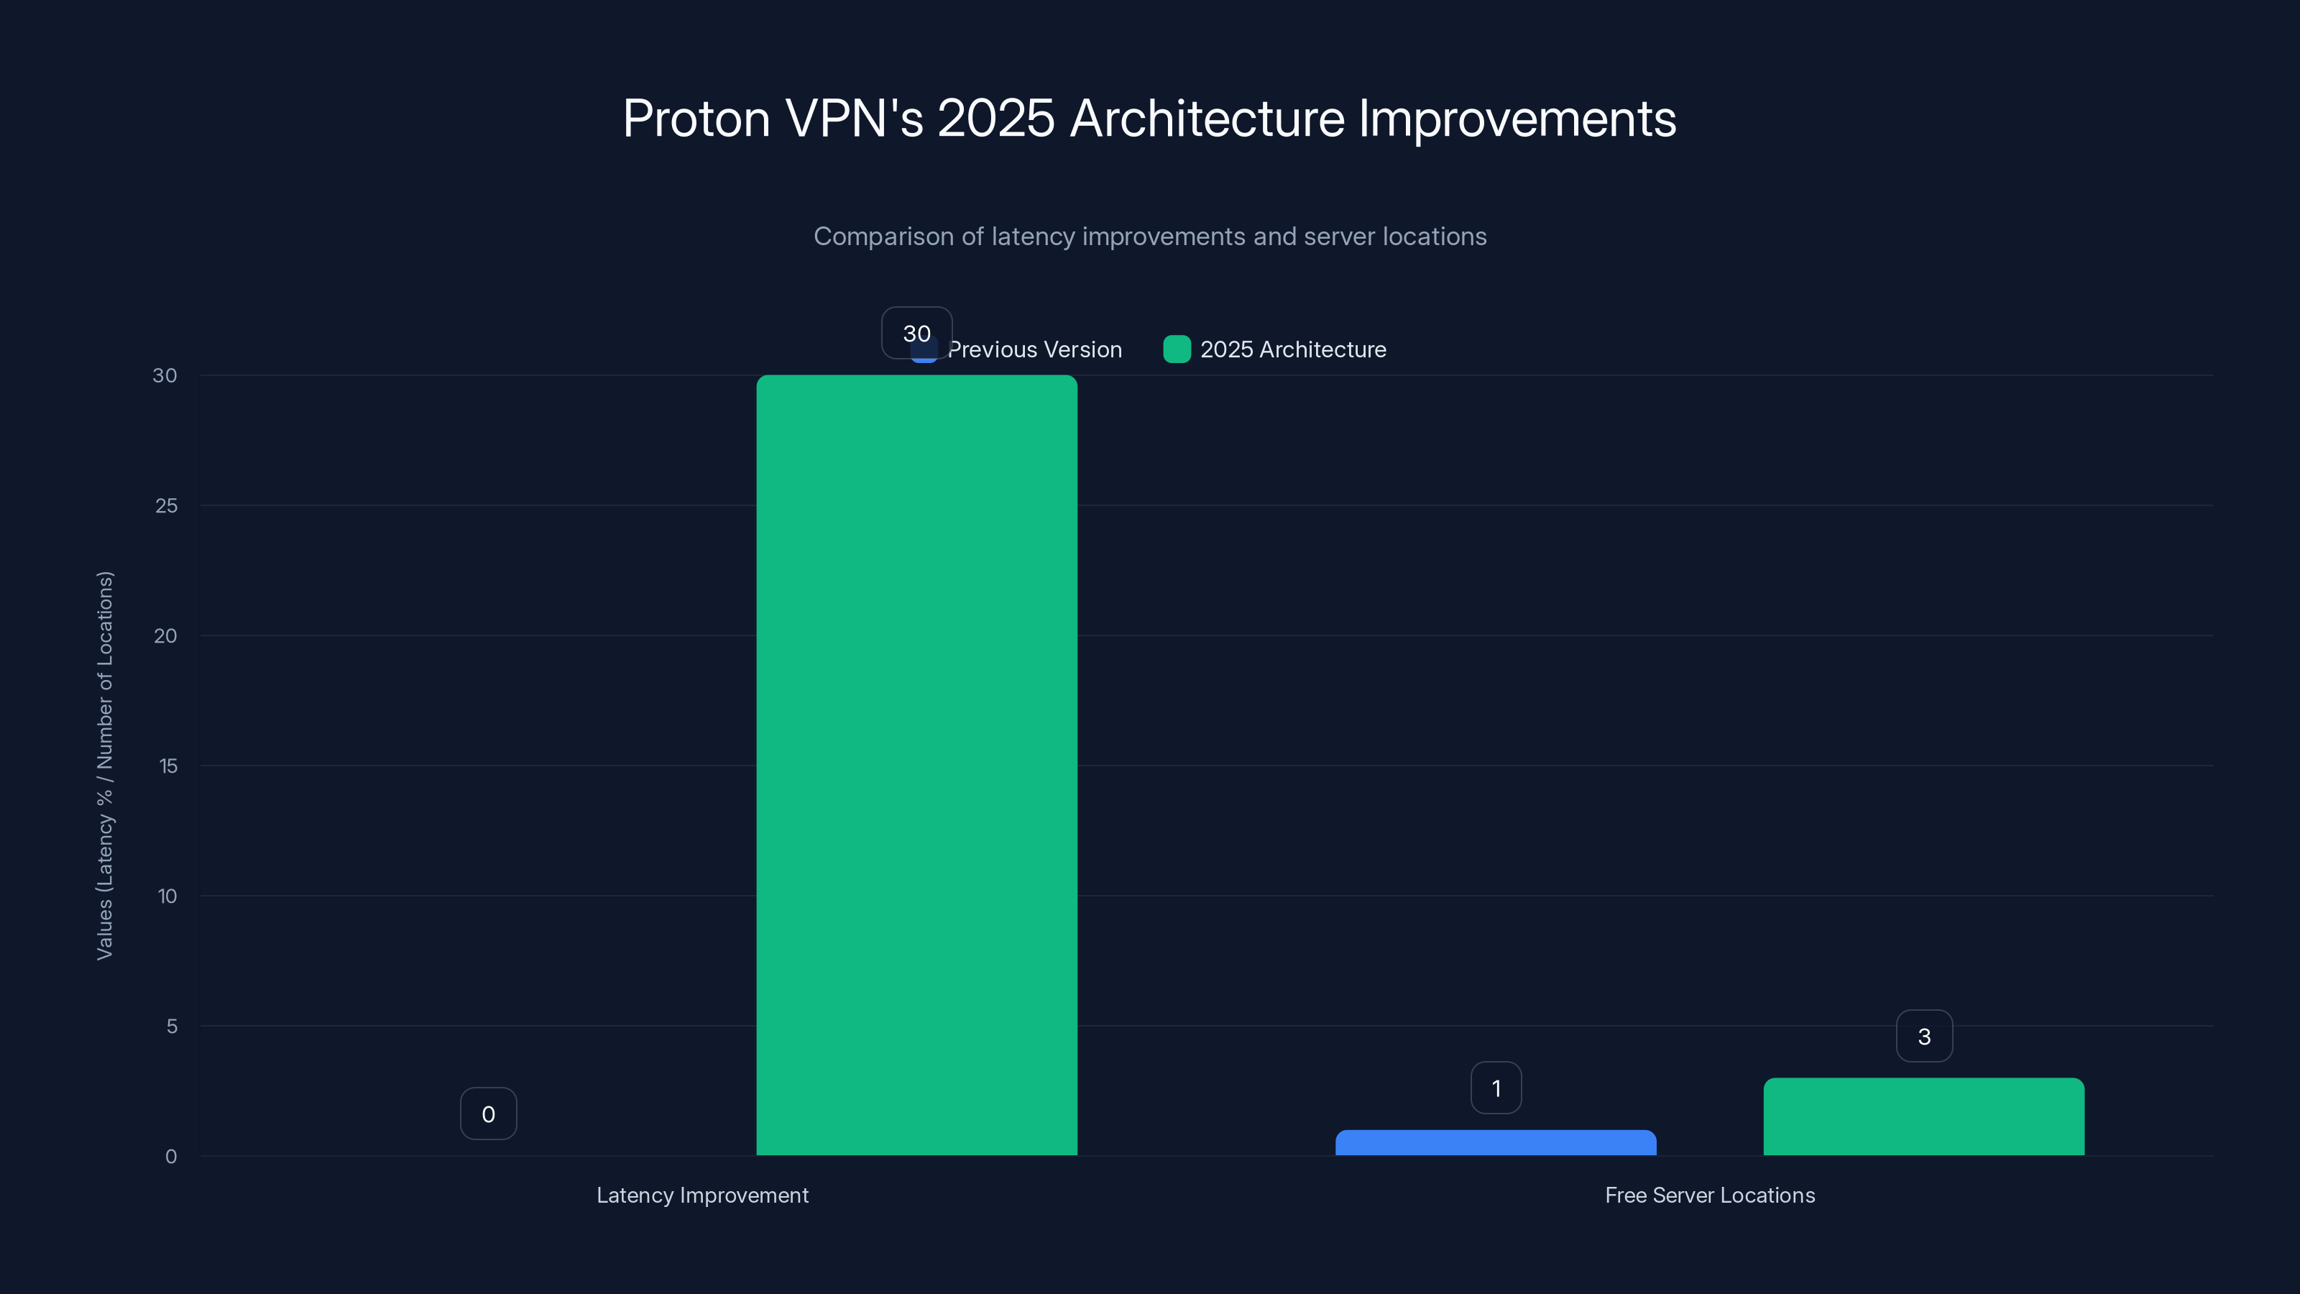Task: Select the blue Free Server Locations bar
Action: [x=1496, y=1143]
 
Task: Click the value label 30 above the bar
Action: [x=917, y=333]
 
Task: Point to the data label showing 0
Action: [x=489, y=1114]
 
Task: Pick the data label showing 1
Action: [x=1496, y=1088]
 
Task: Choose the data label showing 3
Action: [x=1924, y=1036]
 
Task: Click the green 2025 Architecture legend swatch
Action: [x=1177, y=349]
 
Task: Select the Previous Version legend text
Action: [x=1035, y=349]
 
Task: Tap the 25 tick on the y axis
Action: [x=166, y=505]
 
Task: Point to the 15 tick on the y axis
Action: [x=168, y=766]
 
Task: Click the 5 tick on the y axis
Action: [x=172, y=1026]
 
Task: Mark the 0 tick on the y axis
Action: [x=172, y=1157]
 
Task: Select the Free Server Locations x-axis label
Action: [x=1710, y=1195]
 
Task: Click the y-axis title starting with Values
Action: [x=104, y=766]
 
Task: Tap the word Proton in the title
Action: [x=696, y=119]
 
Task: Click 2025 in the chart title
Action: [x=995, y=119]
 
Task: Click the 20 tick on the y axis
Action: [x=165, y=635]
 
